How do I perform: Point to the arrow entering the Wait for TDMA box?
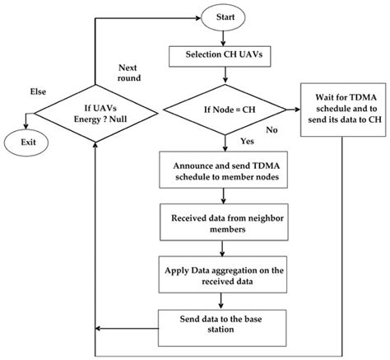290,107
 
